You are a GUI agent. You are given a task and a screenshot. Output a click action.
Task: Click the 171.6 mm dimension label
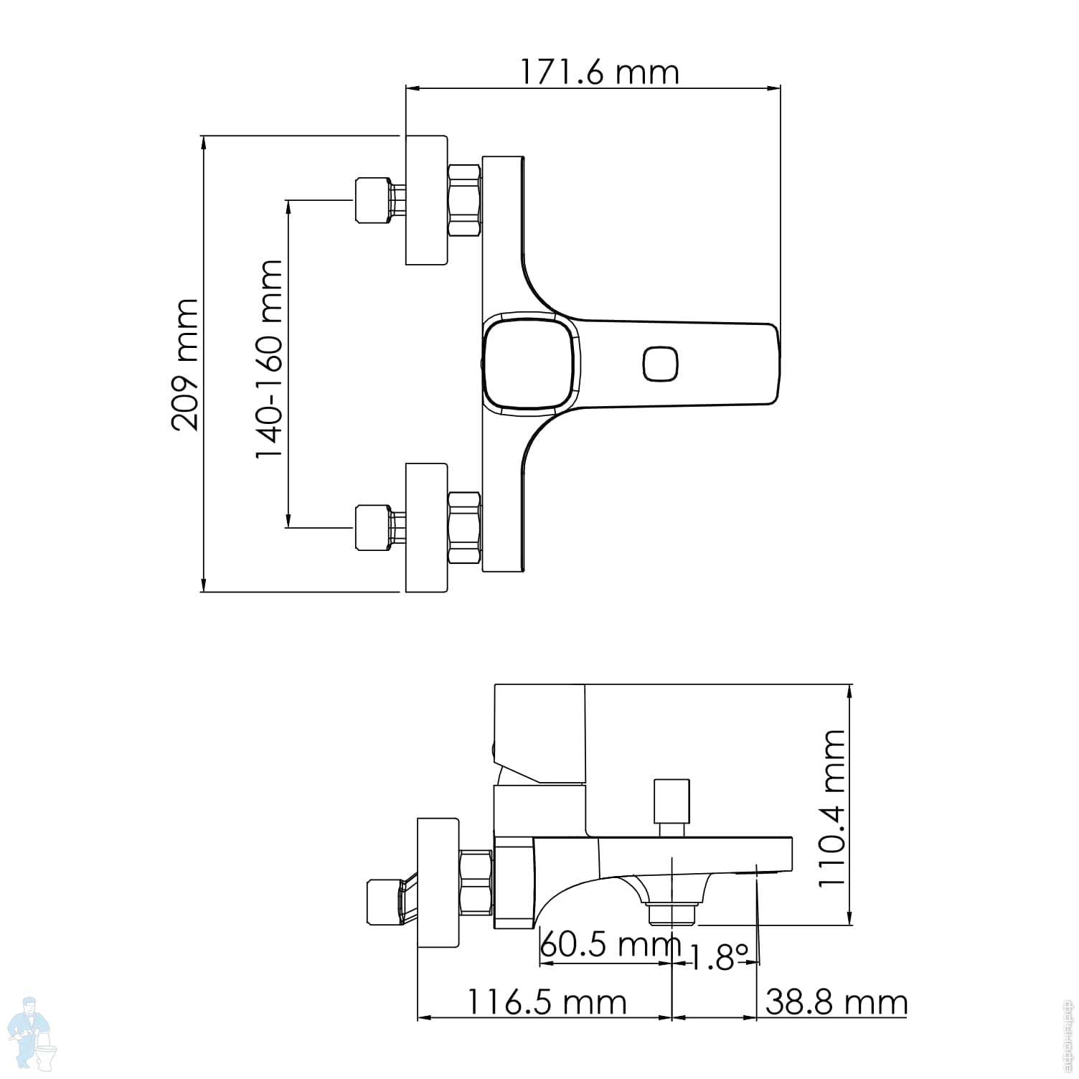point(598,72)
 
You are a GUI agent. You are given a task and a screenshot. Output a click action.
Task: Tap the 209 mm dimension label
point(185,364)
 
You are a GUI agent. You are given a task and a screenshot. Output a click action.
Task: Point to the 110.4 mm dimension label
point(832,808)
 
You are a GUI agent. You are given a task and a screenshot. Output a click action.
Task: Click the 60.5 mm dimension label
point(609,945)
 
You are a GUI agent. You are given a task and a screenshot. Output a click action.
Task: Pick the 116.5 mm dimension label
point(547,1002)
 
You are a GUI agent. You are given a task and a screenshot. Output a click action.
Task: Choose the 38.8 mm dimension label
point(836,1002)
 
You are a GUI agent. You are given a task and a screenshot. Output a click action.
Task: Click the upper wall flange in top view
point(426,199)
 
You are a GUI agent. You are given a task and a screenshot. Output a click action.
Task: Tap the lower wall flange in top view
point(426,528)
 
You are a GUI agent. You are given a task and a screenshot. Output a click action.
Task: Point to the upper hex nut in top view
point(464,200)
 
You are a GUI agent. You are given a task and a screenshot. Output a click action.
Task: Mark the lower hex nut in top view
point(464,529)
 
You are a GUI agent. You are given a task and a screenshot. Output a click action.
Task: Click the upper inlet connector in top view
point(373,200)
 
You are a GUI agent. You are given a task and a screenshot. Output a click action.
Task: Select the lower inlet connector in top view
point(373,528)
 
